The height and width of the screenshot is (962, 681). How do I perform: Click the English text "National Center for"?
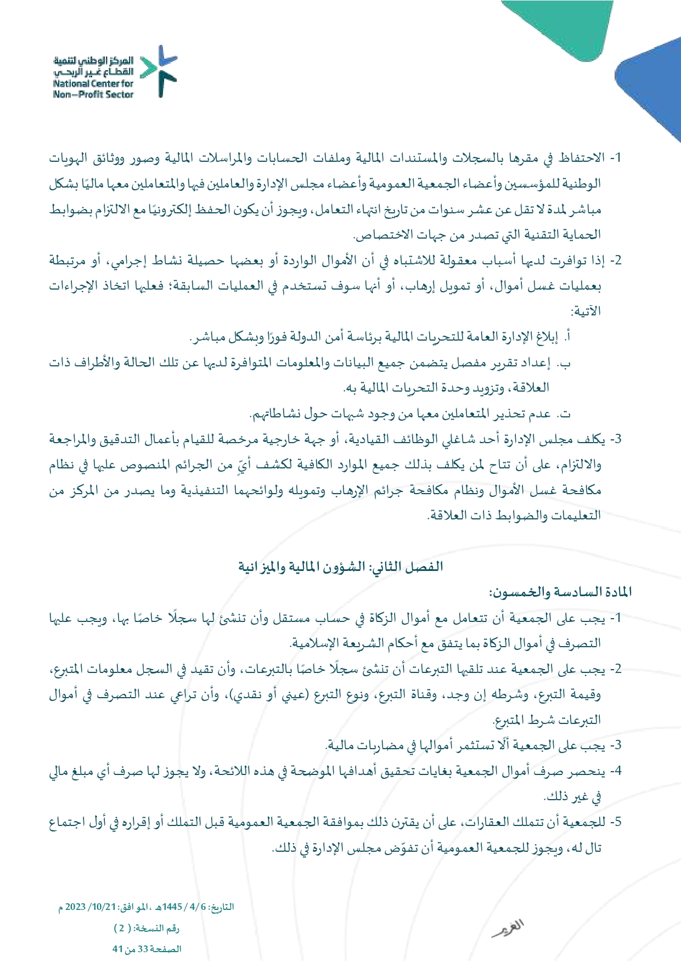point(93,84)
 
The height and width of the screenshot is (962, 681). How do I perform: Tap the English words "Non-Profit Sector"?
point(93,94)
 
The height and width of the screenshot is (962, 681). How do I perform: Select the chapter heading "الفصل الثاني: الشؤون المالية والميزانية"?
point(340,567)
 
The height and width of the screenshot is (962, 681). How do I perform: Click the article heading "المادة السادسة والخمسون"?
point(560,592)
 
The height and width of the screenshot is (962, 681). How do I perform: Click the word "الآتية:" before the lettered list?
point(586,312)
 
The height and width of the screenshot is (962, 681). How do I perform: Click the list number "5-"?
point(617,822)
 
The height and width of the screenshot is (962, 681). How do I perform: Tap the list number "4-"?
point(617,771)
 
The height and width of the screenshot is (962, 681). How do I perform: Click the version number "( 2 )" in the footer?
point(122,928)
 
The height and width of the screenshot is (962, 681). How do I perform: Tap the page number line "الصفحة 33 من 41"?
point(147,949)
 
